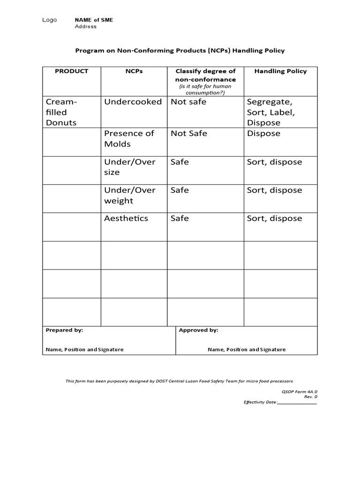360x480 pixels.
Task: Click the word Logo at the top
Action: coord(49,20)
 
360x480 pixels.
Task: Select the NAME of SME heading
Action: coord(94,20)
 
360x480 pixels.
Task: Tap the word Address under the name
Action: coord(86,27)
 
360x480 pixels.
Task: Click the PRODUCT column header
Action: coord(71,71)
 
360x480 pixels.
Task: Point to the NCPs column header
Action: coord(134,71)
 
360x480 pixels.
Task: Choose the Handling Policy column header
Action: coord(280,71)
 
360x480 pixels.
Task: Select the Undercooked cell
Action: coord(133,102)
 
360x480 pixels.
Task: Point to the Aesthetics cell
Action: coord(126,218)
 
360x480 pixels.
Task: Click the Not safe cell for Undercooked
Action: coord(188,102)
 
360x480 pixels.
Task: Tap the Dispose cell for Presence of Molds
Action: coord(263,134)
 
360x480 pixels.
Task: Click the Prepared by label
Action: coord(64,330)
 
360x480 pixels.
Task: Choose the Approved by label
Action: coord(198,330)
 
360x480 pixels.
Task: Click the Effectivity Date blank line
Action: coord(297,403)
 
